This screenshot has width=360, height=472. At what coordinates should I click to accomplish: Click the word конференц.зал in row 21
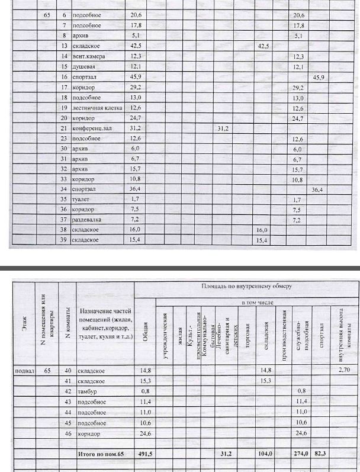click(91, 128)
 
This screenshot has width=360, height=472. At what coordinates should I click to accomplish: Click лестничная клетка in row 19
click(97, 108)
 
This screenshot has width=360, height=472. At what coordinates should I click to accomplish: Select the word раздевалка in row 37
click(88, 219)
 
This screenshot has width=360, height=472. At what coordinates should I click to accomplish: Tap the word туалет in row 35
click(82, 199)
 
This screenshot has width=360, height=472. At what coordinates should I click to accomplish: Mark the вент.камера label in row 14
click(89, 56)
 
